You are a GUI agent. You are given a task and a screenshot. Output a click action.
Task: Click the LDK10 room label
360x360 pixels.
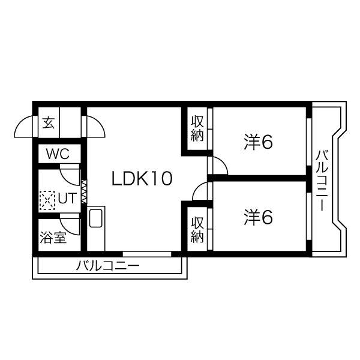[142, 178]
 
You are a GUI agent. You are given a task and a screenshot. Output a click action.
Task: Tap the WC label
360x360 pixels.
[58, 154]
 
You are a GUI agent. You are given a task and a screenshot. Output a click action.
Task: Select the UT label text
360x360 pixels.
[67, 198]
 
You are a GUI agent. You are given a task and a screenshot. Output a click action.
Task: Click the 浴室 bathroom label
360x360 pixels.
[53, 237]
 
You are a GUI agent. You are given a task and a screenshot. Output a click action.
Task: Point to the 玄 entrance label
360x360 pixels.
[49, 122]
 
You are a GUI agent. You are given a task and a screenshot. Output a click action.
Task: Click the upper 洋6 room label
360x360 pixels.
[258, 142]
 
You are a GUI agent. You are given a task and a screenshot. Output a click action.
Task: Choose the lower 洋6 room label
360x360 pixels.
[258, 217]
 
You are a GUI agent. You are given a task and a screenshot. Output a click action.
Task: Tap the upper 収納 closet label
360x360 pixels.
[197, 128]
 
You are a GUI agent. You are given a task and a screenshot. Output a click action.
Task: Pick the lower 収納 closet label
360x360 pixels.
[197, 230]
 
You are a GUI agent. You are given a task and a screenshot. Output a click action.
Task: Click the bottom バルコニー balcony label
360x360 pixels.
[107, 266]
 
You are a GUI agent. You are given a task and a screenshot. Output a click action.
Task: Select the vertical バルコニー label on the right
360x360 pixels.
[322, 181]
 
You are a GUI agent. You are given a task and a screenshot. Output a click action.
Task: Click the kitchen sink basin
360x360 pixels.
[95, 218]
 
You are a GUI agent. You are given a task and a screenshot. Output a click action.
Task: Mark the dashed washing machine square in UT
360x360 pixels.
[47, 200]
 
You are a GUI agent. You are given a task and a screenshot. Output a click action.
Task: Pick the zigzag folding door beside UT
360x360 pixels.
[84, 192]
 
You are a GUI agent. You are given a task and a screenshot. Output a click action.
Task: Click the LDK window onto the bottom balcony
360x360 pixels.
[147, 254]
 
